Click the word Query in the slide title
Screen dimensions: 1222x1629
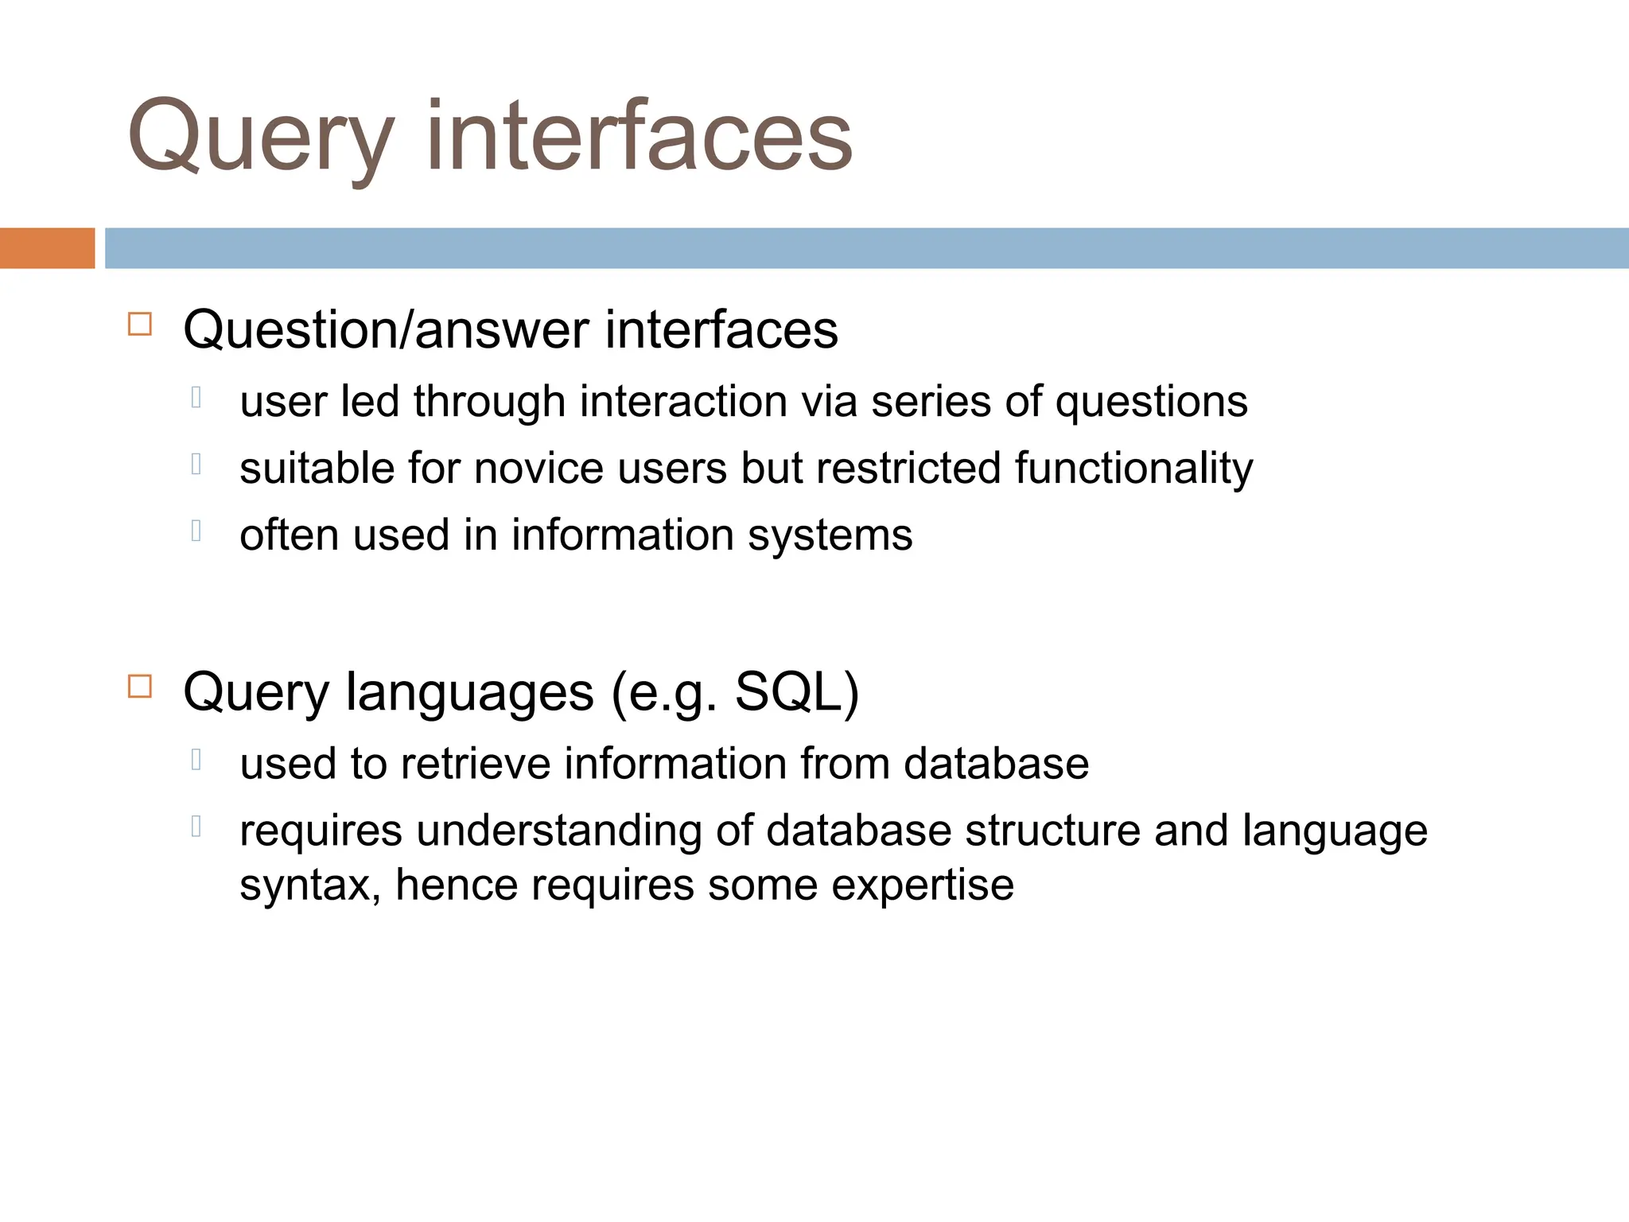click(x=260, y=137)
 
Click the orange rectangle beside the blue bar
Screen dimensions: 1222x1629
click(x=47, y=248)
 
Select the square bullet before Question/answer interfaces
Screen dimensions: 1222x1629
click(x=140, y=325)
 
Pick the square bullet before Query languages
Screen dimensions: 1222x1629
click(x=140, y=686)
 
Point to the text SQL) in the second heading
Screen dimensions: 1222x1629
click(x=796, y=691)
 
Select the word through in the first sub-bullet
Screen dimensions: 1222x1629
click(x=489, y=401)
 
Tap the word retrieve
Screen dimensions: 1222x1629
click(x=476, y=764)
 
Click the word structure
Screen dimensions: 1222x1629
click(x=1052, y=831)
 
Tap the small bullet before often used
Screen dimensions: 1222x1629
click(x=196, y=530)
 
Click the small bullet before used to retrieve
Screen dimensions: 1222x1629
click(x=196, y=760)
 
